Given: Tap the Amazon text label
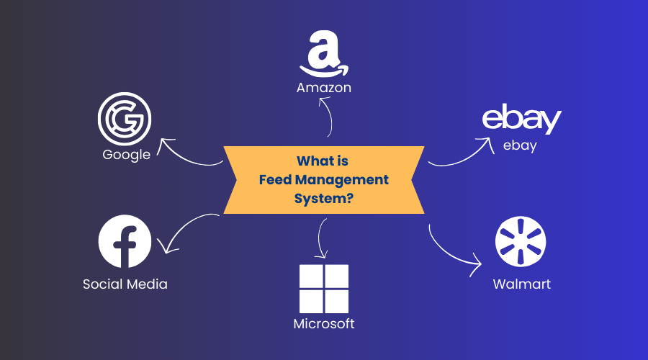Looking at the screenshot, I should [324, 88].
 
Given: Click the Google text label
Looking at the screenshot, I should [127, 154].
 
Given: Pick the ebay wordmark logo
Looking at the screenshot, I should [521, 120].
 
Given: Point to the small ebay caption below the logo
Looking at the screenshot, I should [520, 145].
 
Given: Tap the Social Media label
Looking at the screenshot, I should [125, 284].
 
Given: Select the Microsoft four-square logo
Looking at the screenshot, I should [324, 288].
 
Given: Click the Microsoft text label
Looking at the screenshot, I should [324, 324].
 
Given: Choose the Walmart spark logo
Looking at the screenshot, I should [521, 241].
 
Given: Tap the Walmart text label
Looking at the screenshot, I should [522, 284].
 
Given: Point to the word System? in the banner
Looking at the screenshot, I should [324, 198].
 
